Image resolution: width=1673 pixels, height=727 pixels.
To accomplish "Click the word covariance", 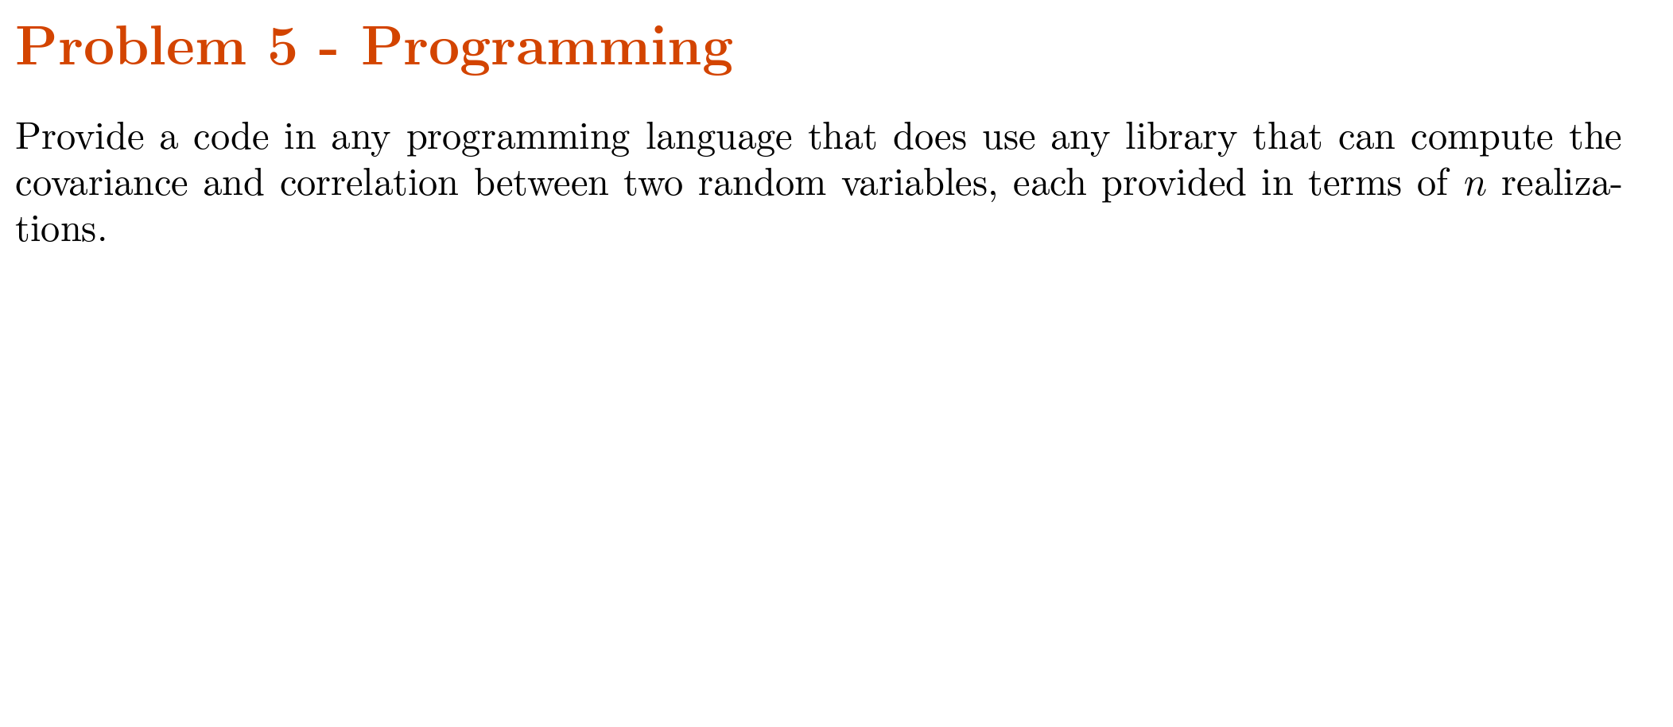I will pos(102,184).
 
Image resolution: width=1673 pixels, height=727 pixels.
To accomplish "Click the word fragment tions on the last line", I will pos(60,230).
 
